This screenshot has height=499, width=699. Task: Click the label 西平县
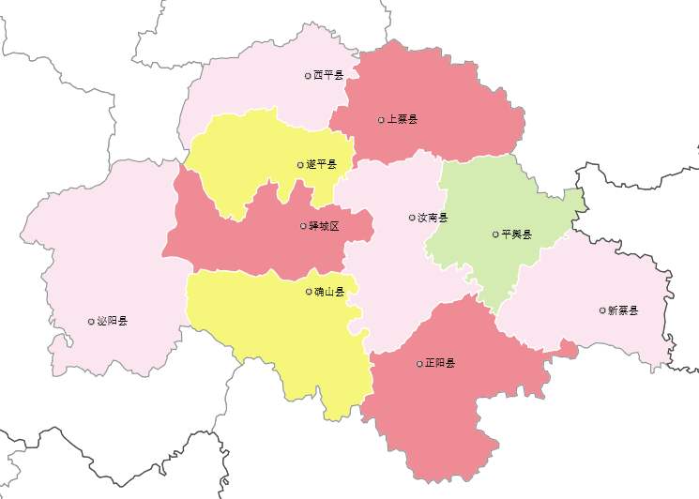pos(329,75)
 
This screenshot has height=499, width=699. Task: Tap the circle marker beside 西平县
pos(308,75)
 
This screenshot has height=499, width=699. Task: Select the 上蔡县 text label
pos(403,119)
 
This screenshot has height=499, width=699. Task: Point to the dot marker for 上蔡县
pos(381,119)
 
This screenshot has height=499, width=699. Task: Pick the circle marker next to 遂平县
pos(301,164)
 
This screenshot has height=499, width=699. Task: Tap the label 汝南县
pos(433,218)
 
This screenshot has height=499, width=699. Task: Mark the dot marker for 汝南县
pos(412,218)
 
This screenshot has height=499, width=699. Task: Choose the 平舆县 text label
pos(517,234)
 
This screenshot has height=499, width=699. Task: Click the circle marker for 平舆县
pos(495,234)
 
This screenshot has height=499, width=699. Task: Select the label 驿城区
pos(324,226)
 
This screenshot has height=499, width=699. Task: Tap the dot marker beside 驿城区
pos(302,226)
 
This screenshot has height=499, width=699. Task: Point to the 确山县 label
pos(329,292)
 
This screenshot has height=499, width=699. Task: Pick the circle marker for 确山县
pos(309,292)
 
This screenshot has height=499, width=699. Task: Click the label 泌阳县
pos(112,321)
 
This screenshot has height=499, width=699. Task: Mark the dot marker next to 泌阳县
pos(91,321)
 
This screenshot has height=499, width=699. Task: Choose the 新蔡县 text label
pos(623,310)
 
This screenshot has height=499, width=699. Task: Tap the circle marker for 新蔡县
pos(602,310)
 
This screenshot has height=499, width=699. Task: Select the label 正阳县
pos(440,363)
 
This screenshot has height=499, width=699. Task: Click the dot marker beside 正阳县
pos(419,363)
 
